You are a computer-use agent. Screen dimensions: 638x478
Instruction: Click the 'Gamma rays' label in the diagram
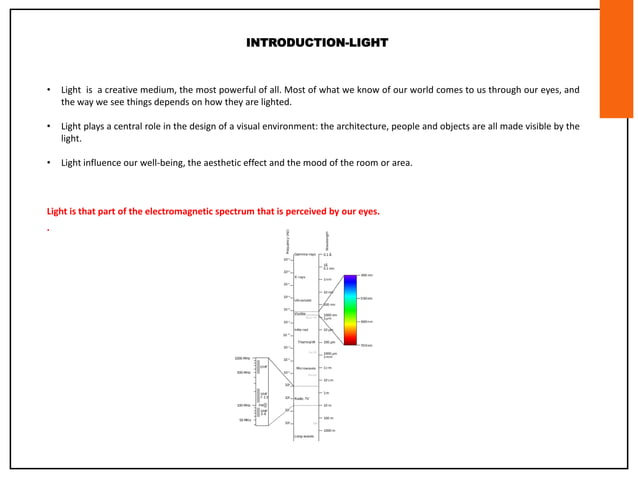tap(305, 255)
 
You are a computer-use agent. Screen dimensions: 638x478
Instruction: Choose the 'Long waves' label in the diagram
tap(304, 436)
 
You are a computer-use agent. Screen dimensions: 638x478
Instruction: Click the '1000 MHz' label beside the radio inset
tap(242, 357)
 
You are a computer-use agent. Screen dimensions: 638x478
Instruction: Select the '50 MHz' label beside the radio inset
tap(244, 420)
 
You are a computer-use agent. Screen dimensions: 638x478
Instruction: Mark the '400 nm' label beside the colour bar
tap(367, 275)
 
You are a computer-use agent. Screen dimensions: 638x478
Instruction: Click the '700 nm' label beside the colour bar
tap(367, 345)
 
